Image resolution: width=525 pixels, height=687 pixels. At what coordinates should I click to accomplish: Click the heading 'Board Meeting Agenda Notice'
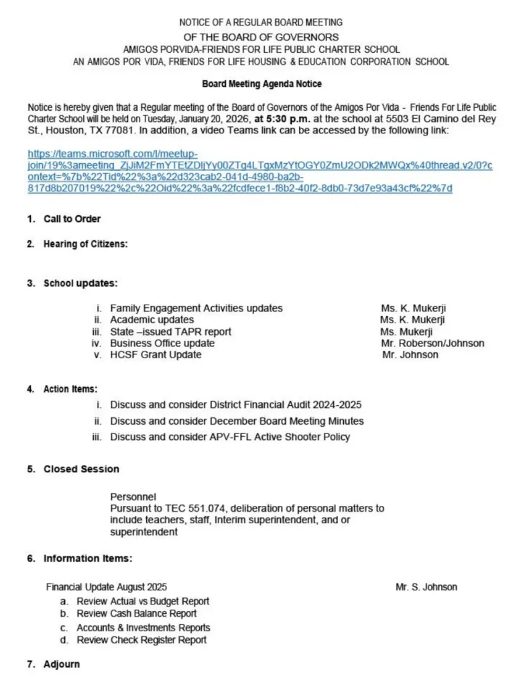coord(261,85)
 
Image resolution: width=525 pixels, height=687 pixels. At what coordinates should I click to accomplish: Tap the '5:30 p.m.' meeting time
coord(280,119)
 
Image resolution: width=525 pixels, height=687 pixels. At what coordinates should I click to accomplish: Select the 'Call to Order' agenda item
coord(72,219)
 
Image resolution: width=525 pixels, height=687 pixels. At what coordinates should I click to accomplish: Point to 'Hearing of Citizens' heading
coord(85,244)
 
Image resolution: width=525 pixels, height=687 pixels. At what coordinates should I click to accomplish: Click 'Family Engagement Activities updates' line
coord(196,309)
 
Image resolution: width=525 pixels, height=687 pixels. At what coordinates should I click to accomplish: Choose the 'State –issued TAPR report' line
coord(170,331)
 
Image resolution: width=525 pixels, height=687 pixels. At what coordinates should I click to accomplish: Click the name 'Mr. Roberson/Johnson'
coord(432,343)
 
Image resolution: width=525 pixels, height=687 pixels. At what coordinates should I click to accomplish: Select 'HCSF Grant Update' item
coord(156,355)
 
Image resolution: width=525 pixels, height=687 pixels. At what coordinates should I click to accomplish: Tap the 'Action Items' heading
coord(70,389)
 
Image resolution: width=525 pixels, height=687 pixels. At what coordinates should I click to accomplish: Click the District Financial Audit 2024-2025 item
coord(237,405)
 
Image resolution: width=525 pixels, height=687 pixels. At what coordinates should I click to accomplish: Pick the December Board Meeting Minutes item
coord(237,421)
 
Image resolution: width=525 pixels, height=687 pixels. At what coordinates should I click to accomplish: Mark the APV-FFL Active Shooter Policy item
coord(230,437)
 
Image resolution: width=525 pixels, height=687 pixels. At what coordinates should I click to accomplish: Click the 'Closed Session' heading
coord(81,469)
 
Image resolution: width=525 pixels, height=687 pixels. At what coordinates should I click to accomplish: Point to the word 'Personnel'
coord(133,497)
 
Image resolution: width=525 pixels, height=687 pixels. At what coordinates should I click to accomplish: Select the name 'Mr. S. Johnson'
coord(426,587)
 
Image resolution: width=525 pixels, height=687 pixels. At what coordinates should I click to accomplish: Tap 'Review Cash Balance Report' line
coord(136,614)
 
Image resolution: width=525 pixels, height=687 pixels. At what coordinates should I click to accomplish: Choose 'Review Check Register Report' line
coord(141,640)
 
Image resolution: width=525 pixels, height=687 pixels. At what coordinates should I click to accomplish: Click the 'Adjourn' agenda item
coord(62,664)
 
